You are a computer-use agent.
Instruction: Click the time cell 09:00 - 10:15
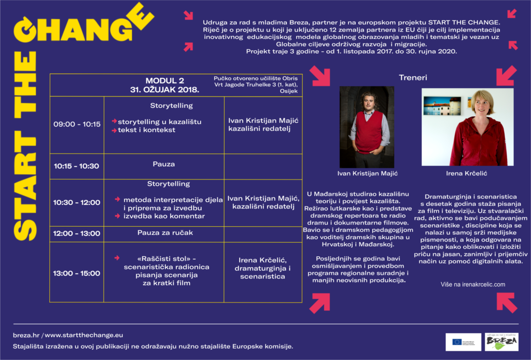pyautogui.click(x=77, y=124)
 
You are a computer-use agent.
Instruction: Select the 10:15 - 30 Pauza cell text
pyautogui.click(x=163, y=164)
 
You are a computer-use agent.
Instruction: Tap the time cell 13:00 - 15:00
pyautogui.click(x=77, y=273)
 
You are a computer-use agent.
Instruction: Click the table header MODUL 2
pyautogui.click(x=164, y=81)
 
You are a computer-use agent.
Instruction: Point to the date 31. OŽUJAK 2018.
pyautogui.click(x=164, y=89)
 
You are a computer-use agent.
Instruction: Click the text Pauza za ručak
pyautogui.click(x=163, y=233)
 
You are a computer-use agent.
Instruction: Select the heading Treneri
pyautogui.click(x=413, y=78)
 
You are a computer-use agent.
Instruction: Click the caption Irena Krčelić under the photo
pyautogui.click(x=467, y=173)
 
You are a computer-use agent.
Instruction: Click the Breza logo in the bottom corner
pyautogui.click(x=501, y=342)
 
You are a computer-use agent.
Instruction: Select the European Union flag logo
pyautogui.click(x=457, y=342)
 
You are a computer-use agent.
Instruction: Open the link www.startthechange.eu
pyautogui.click(x=84, y=335)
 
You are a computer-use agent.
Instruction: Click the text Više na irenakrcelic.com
pyautogui.click(x=472, y=284)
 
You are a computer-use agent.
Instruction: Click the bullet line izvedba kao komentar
pyautogui.click(x=164, y=216)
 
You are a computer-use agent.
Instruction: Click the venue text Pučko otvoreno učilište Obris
pyautogui.click(x=256, y=78)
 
